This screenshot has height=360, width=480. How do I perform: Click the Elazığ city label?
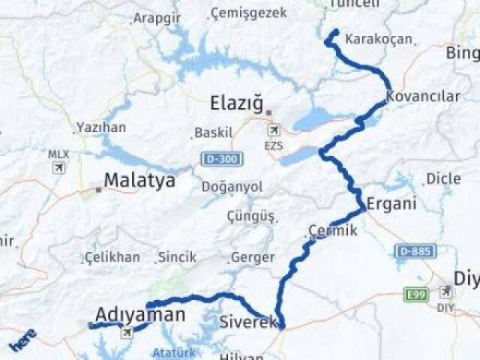tap(237, 103)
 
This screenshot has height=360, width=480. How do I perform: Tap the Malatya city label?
tap(139, 180)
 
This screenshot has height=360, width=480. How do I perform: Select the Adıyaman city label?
tap(139, 315)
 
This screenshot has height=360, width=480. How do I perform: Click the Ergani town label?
tap(386, 204)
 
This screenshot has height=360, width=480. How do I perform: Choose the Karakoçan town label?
tap(379, 39)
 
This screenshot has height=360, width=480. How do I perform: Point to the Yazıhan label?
tap(100, 127)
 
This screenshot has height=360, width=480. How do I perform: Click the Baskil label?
tap(214, 133)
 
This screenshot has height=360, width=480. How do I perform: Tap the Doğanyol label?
tap(232, 186)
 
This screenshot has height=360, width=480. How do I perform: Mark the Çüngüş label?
tap(251, 216)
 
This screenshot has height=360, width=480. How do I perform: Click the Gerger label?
tap(253, 257)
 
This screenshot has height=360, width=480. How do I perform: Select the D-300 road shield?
tap(214, 159)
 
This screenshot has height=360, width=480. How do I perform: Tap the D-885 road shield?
tap(413, 251)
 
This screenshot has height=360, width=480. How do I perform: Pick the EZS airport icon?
tap(274, 130)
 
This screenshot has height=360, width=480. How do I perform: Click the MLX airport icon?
tap(58, 167)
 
